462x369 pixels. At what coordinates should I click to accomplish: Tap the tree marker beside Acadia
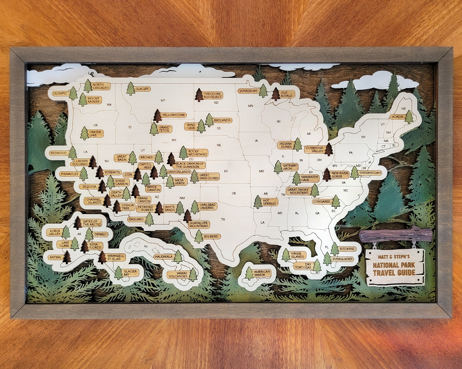coord(409,117)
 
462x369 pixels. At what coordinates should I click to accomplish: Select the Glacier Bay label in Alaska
coord(130,273)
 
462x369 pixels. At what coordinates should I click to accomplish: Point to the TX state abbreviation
coord(223,220)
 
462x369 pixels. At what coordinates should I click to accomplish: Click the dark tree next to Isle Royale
coord(276,94)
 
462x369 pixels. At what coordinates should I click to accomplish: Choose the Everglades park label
coord(342,259)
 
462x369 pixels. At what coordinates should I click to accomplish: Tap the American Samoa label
coord(262,273)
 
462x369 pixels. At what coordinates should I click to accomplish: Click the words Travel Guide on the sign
coord(394,273)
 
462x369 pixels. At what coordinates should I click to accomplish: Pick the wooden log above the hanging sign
coord(395,235)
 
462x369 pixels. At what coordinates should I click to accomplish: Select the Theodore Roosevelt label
coord(213,95)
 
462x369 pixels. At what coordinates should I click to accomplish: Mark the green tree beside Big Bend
coord(199,237)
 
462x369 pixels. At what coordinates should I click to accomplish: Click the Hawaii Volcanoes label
coord(178,275)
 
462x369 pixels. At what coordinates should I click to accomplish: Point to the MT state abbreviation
coord(163,101)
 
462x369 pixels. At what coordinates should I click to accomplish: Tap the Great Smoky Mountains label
coord(298,191)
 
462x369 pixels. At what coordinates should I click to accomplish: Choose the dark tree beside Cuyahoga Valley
coord(329,149)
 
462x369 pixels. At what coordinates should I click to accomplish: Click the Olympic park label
coord(60,93)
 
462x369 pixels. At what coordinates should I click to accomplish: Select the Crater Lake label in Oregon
coord(95,134)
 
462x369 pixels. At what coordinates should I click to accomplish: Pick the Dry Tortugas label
coord(303,266)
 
